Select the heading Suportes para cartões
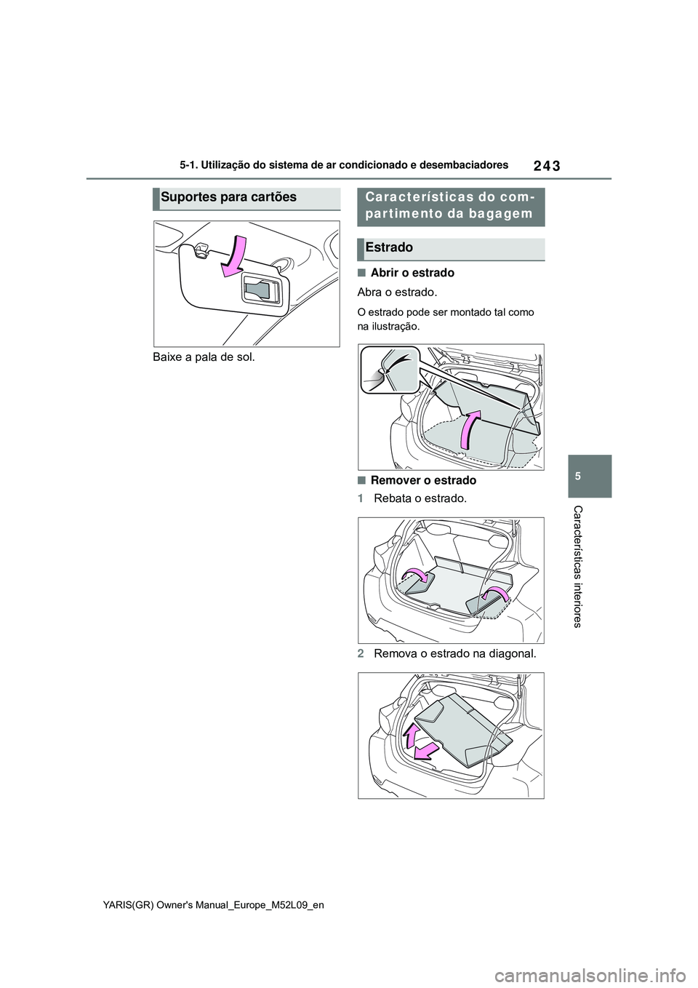pyautogui.click(x=229, y=197)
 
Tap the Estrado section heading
pyautogui.click(x=390, y=248)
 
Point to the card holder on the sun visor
pyautogui.click(x=261, y=291)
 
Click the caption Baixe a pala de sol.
pyautogui.click(x=204, y=357)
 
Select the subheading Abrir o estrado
pyautogui.click(x=412, y=273)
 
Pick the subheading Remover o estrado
pyautogui.click(x=423, y=480)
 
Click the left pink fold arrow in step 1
pyautogui.click(x=416, y=576)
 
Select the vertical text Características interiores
pyautogui.click(x=576, y=565)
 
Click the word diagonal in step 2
pyautogui.click(x=511, y=653)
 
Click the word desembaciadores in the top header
pyautogui.click(x=465, y=165)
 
